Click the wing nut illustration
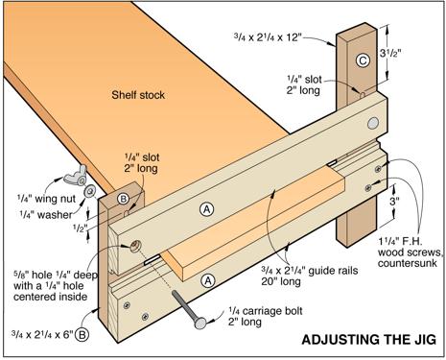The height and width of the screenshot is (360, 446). coord(75,176)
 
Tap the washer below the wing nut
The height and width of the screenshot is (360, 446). coord(90,191)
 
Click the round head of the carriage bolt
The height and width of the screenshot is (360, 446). coord(200,323)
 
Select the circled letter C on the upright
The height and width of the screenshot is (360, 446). coord(363,60)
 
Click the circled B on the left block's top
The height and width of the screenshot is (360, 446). coord(123,199)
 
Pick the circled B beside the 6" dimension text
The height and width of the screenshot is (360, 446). coord(82,335)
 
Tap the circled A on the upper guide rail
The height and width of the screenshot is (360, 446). coord(206,209)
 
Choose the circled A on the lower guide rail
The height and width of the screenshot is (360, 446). coord(208,280)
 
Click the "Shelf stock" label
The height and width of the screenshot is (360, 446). coord(138,95)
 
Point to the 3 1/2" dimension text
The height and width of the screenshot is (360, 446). coord(389,53)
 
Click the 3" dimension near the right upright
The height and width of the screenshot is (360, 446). coord(394,202)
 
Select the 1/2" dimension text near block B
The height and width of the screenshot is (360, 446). coord(80,228)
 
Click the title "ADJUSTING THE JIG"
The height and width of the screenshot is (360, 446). coord(368,340)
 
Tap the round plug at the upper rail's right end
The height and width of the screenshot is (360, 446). coord(373,123)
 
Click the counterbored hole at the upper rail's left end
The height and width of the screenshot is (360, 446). coord(135,246)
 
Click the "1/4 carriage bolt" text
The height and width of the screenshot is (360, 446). coord(266,311)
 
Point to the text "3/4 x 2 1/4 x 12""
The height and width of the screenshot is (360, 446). coord(268,36)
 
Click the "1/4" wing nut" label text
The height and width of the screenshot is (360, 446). coord(46,199)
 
